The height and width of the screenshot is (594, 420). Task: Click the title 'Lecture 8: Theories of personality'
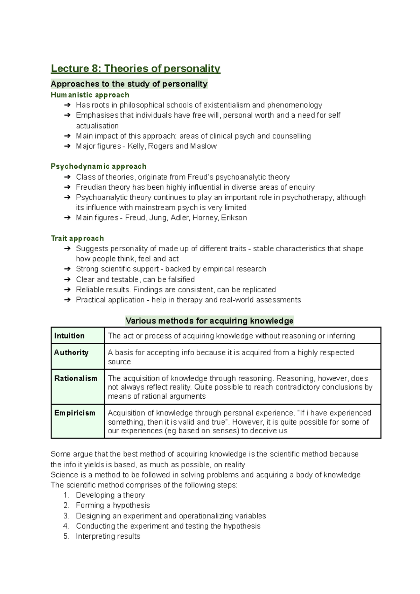tap(135, 68)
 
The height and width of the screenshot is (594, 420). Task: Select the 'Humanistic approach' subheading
tap(90, 95)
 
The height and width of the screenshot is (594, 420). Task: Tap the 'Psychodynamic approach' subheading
tap(98, 166)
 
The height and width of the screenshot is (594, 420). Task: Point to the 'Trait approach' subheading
tap(77, 238)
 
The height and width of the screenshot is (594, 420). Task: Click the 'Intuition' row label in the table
tap(69, 336)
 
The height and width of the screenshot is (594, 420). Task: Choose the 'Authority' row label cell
tap(71, 352)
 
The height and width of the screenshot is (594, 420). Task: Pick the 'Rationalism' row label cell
tap(76, 378)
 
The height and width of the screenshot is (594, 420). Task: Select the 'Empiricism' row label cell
tap(75, 413)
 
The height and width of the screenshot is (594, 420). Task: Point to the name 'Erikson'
tap(234, 218)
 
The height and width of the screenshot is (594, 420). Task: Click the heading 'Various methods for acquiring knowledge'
tap(209, 321)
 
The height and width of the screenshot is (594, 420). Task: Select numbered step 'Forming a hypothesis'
tap(113, 505)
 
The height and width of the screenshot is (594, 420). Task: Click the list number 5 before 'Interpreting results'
tap(66, 536)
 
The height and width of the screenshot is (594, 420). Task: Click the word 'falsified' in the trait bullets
tap(181, 279)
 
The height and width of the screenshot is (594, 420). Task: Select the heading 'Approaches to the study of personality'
tap(129, 84)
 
